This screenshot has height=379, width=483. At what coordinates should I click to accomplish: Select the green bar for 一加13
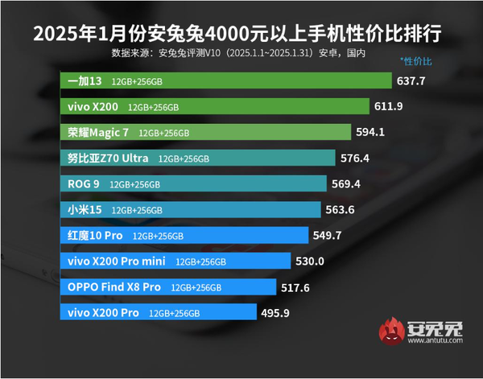click(x=225, y=81)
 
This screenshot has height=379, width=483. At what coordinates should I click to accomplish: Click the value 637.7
click(x=411, y=81)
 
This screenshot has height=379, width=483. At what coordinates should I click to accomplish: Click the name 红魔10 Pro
click(x=94, y=236)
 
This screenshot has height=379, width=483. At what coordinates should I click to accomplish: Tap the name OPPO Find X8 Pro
click(x=114, y=286)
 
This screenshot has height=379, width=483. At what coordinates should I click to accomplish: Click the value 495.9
click(x=275, y=312)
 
